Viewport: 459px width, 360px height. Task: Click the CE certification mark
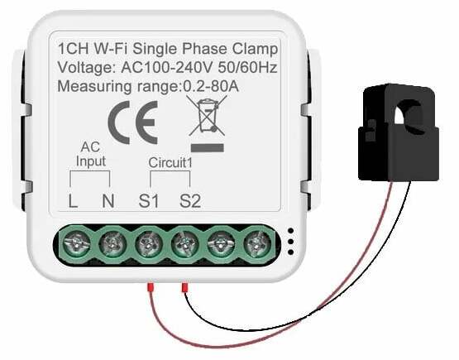tap(133, 122)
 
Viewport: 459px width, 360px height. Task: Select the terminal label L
tap(73, 201)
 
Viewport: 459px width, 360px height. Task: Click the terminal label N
tap(108, 201)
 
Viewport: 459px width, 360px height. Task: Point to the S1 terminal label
tap(148, 201)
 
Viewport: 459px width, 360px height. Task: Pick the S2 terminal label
tap(190, 201)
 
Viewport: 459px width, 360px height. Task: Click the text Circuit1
tap(170, 162)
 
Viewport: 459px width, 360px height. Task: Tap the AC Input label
tap(90, 154)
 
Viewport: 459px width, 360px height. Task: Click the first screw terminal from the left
tap(76, 244)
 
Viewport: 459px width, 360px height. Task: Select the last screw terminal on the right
tap(257, 244)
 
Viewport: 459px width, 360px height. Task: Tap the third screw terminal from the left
tap(149, 244)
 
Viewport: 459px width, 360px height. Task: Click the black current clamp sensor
tap(398, 132)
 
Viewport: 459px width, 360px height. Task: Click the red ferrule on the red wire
tap(151, 287)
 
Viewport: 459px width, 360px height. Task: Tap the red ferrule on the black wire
tap(184, 287)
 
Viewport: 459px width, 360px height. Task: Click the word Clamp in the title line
tap(255, 49)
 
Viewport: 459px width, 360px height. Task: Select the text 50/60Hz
tap(247, 68)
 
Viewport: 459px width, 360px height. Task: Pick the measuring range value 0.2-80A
tap(211, 86)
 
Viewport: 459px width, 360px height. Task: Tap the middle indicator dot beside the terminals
tap(290, 242)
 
